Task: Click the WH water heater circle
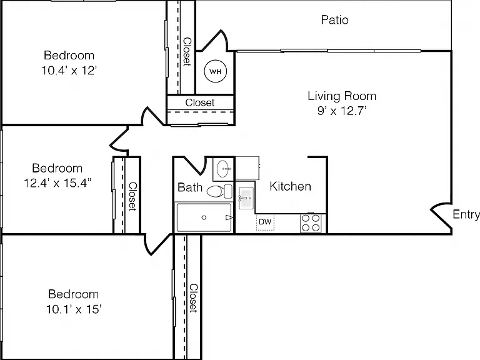(x=215, y=71)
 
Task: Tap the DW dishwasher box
(x=265, y=222)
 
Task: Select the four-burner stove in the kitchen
(x=311, y=223)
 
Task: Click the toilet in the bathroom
(x=219, y=191)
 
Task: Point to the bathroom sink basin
(x=224, y=168)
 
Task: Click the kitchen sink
(x=246, y=198)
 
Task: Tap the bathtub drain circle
(x=204, y=217)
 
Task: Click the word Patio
(x=334, y=20)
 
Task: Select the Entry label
(x=466, y=214)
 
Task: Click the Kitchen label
(x=290, y=186)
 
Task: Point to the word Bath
(x=190, y=187)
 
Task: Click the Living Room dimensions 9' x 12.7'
(x=342, y=111)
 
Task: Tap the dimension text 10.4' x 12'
(x=69, y=71)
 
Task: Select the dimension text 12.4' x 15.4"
(x=57, y=183)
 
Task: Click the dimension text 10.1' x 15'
(x=74, y=309)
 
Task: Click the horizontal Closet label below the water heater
(x=199, y=102)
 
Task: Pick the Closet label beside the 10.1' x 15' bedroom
(x=193, y=298)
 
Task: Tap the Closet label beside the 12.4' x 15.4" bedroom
(x=132, y=196)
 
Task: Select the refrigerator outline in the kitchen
(x=247, y=168)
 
